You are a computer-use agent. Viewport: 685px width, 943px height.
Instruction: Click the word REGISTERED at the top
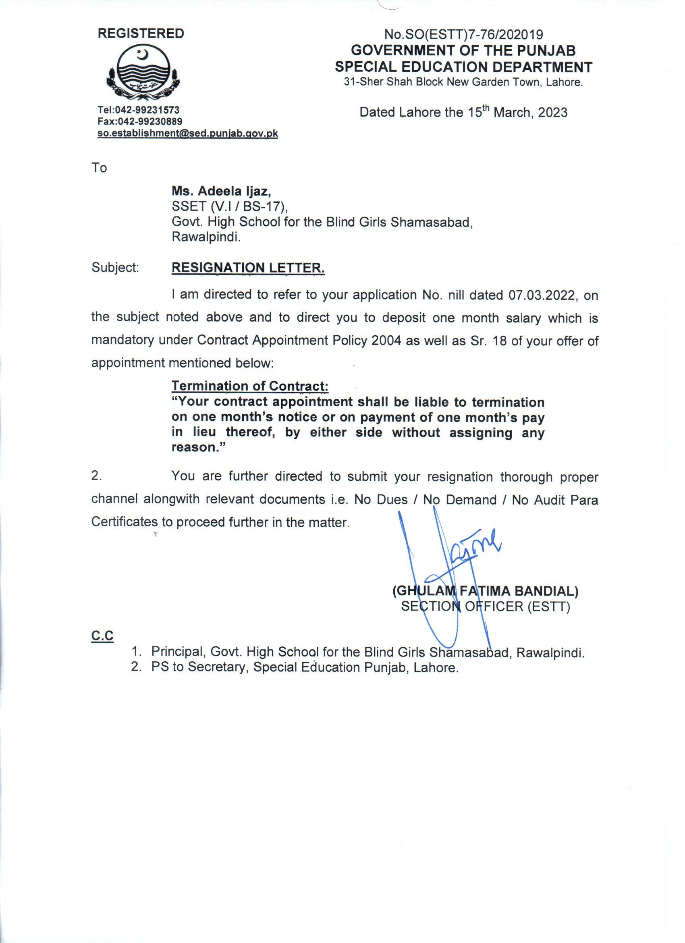pyautogui.click(x=141, y=34)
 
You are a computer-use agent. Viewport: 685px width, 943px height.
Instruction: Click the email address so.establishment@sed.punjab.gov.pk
pyautogui.click(x=187, y=133)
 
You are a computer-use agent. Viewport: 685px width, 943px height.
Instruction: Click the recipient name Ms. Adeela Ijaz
pyautogui.click(x=222, y=191)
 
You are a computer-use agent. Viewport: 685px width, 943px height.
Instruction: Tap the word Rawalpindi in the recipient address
pyautogui.click(x=206, y=238)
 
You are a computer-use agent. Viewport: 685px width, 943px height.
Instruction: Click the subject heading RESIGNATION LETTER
pyautogui.click(x=248, y=268)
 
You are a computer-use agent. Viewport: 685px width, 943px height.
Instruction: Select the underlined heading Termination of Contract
pyautogui.click(x=250, y=386)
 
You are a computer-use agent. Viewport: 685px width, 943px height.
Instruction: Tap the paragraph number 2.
pyautogui.click(x=96, y=476)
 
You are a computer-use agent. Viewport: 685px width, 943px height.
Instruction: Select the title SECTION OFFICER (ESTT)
pyautogui.click(x=485, y=607)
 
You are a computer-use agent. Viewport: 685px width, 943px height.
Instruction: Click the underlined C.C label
pyautogui.click(x=102, y=636)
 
